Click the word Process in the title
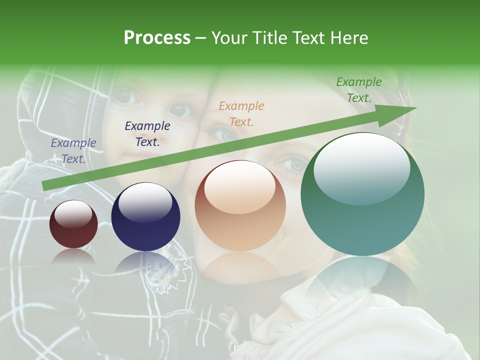(157, 38)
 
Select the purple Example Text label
(73, 150)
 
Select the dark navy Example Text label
(147, 133)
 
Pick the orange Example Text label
(241, 113)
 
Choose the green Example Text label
(358, 90)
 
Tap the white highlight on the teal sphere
(361, 168)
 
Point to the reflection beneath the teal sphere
(362, 280)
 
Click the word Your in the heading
(229, 38)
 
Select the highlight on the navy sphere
(145, 201)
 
